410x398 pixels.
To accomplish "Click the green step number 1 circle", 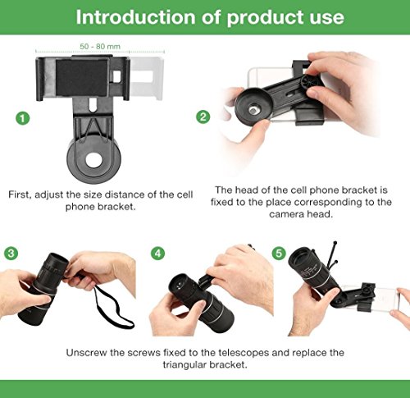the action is [22, 118].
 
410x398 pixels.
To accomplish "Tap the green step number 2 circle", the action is [203, 117].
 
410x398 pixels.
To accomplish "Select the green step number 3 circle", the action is [11, 254].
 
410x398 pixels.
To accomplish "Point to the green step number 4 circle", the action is [158, 254].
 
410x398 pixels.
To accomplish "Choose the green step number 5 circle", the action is [279, 254].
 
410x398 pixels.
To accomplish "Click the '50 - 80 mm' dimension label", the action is [100, 46].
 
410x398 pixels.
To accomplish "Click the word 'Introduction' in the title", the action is [135, 17].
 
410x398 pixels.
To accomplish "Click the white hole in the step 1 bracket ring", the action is [93, 161].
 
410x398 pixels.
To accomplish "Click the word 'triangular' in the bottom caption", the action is [184, 364].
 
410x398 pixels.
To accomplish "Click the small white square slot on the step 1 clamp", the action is [116, 77].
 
